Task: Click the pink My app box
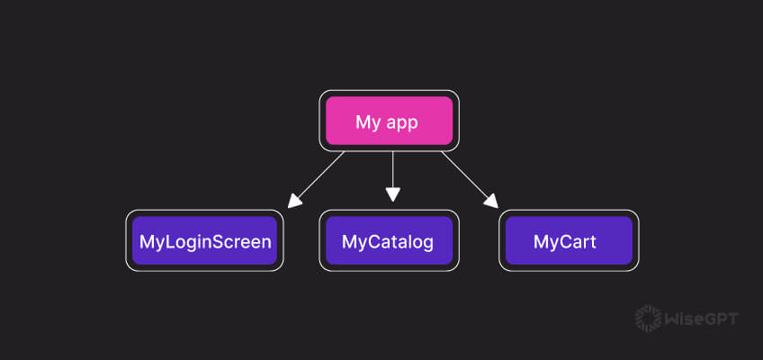[x=389, y=121]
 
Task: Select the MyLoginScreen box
[x=204, y=241]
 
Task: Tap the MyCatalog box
[x=389, y=241]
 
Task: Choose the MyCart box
[x=569, y=241]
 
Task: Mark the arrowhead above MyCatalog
[x=392, y=193]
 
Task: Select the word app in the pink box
[x=401, y=123]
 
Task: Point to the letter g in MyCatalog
[x=426, y=244]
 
